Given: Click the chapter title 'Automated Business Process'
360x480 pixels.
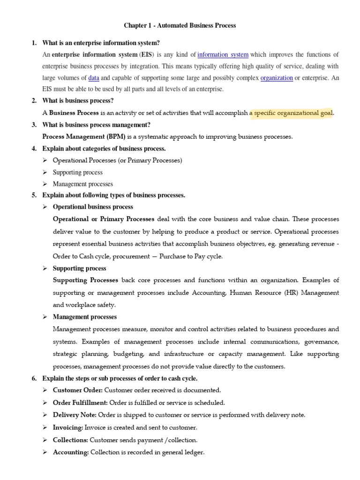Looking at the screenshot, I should pyautogui.click(x=180, y=26).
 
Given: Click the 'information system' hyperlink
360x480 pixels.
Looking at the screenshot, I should pyautogui.click(x=223, y=55).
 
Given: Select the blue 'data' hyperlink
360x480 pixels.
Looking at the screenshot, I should pyautogui.click(x=93, y=78).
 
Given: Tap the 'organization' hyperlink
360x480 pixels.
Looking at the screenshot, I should pyautogui.click(x=277, y=78).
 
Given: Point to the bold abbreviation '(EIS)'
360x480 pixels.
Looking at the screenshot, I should pyautogui.click(x=145, y=55).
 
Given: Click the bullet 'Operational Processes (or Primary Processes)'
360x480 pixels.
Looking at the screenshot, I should pyautogui.click(x=117, y=160).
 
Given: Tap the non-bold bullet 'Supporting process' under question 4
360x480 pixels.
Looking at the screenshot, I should pyautogui.click(x=77, y=172).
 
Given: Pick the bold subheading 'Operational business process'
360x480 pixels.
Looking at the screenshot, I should pyautogui.click(x=93, y=207).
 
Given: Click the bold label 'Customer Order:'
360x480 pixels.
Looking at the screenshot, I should pyautogui.click(x=77, y=390).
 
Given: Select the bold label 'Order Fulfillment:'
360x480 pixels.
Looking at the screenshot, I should pyautogui.click(x=80, y=402).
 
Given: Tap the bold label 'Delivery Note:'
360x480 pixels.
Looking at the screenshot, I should pyautogui.click(x=75, y=415).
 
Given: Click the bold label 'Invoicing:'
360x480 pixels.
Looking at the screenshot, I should pyautogui.click(x=68, y=427).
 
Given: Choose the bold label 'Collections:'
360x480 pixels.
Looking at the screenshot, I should pyautogui.click(x=70, y=440).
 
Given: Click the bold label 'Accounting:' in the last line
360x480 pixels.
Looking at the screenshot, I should pyautogui.click(x=70, y=452).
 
